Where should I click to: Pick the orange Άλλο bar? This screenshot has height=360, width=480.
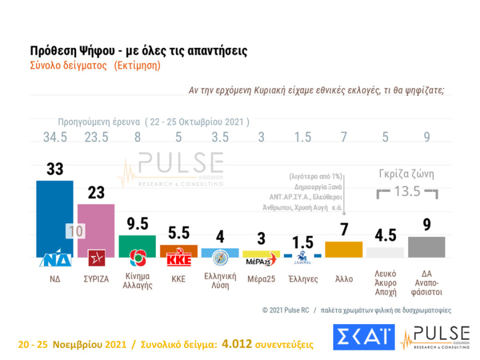(x=344, y=249)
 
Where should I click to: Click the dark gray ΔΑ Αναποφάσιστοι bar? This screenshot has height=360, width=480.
(x=427, y=247)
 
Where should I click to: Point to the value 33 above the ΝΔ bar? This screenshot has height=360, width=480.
(x=55, y=169)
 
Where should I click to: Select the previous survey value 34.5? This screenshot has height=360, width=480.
(x=55, y=137)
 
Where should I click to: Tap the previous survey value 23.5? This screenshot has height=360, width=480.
(x=97, y=137)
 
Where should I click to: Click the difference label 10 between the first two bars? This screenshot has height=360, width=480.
(x=76, y=231)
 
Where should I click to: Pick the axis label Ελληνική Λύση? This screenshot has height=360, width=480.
(x=220, y=279)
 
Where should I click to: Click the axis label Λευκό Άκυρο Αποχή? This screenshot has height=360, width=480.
(x=385, y=282)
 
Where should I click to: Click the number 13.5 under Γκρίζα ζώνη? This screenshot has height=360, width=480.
(x=408, y=191)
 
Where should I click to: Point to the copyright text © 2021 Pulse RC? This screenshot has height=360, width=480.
(x=285, y=310)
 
